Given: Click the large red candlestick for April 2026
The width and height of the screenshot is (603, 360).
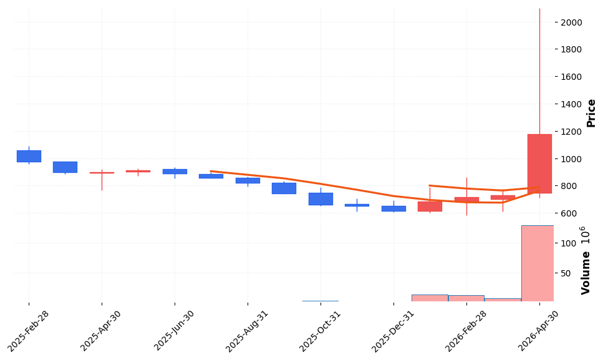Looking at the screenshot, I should [x=539, y=163].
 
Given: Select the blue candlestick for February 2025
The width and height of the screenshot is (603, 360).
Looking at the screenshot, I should [x=29, y=156].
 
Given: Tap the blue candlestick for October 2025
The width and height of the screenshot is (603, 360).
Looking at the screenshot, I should [x=321, y=198].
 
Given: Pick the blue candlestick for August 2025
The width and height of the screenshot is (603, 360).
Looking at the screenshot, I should [x=248, y=180].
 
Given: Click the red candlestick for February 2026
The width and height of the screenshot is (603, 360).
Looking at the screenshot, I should [x=466, y=200].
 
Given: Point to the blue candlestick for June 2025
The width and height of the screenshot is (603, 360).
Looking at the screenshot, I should [x=175, y=171].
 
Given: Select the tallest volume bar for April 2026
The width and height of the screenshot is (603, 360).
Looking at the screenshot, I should [x=538, y=263].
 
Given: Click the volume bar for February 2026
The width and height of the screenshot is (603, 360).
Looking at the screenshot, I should [x=466, y=298].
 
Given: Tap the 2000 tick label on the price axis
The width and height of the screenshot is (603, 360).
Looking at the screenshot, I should [x=571, y=22].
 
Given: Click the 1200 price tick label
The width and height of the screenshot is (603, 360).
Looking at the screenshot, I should [x=571, y=132].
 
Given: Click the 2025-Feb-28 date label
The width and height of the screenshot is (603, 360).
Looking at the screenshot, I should [x=29, y=330].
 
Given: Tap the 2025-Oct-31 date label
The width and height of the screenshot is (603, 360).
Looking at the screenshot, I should [x=321, y=330].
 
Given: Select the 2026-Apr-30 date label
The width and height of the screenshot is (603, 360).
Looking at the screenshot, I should [x=539, y=330].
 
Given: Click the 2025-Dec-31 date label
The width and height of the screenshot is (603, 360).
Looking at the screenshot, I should [x=393, y=330].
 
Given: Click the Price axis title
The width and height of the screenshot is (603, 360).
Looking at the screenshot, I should [x=591, y=113].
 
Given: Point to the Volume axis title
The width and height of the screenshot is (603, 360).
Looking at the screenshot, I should [x=586, y=268].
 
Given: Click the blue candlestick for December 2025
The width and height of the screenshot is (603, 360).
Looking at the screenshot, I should [x=393, y=208].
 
